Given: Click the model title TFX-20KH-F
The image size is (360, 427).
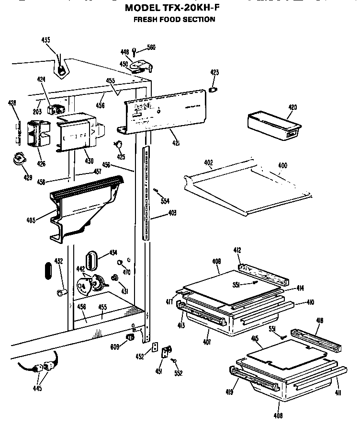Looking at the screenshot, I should pos(174,8).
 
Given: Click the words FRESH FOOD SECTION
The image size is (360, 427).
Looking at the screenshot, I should pos(174,20).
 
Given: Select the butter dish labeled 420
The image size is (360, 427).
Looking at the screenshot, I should pos(273,126).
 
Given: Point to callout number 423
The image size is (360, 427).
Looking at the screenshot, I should pos(214,72).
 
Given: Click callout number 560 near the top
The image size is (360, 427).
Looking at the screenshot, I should pos(151,47).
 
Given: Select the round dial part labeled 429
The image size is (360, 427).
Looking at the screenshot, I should pos(19,159).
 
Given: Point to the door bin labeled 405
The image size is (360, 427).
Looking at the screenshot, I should pos(84,206).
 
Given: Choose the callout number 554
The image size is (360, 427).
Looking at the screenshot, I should pos(165,201).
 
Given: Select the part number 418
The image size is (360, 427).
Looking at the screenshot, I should pos(320,321).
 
